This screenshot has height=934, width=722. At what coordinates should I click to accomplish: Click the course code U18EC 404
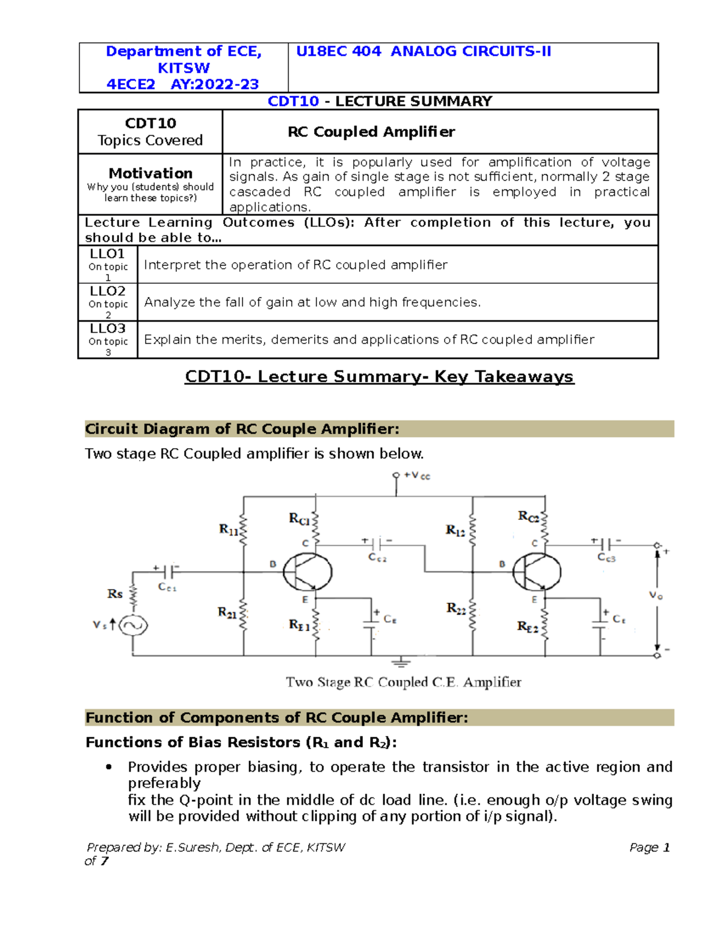338,52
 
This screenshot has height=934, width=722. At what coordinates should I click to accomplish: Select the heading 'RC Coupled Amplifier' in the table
371,132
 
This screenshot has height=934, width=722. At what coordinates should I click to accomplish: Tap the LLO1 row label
107,254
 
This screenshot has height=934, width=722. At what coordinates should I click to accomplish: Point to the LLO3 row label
107,328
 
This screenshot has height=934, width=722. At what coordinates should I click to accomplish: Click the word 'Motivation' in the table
150,173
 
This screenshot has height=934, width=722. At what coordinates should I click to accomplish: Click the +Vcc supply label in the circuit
417,476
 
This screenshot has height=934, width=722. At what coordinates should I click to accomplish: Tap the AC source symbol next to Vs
132,625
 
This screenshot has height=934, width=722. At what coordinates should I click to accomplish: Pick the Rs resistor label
114,594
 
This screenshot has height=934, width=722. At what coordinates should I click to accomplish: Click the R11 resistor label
229,529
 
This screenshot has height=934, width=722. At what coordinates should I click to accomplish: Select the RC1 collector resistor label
299,518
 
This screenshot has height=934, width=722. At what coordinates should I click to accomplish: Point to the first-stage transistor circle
307,572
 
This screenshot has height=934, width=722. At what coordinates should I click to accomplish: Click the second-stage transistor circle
537,572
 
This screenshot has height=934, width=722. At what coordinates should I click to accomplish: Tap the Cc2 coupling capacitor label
378,558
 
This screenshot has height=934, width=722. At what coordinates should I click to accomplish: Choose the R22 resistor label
456,609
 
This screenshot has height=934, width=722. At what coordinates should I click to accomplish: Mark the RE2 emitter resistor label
528,627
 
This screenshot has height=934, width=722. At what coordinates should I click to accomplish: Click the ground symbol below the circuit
401,662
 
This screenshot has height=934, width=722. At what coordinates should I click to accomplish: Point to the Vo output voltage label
655,595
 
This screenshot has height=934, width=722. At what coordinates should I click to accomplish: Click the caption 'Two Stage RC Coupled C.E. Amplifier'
403,682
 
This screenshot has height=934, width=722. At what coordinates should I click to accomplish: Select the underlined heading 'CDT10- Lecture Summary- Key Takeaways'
379,377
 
